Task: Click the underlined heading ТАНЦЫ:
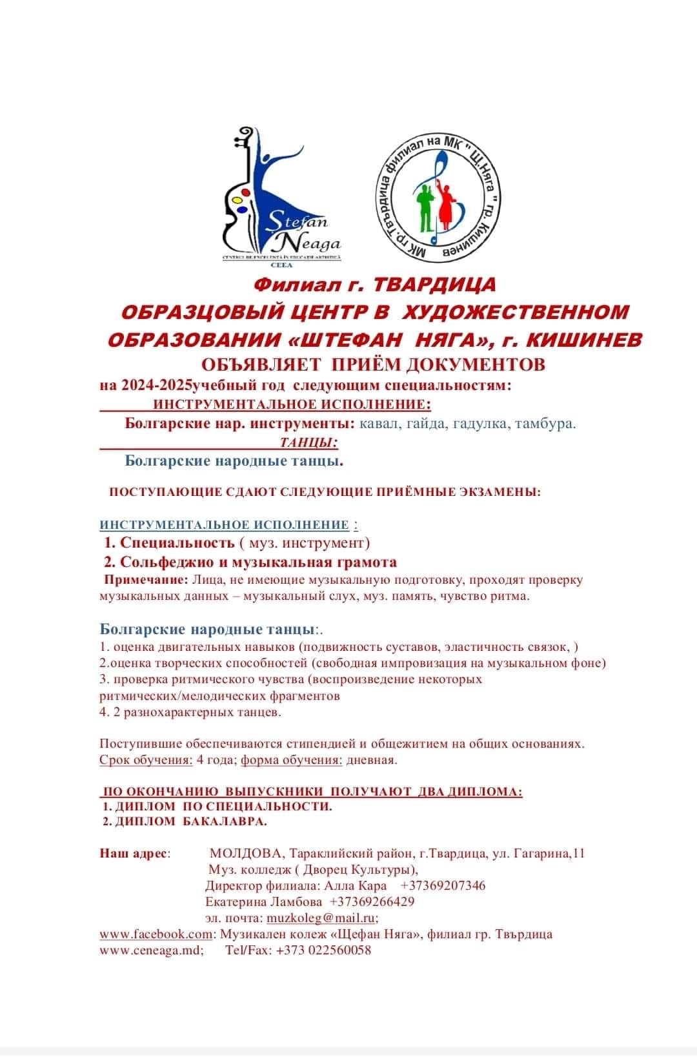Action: pos(309,442)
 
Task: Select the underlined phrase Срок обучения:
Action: pos(146,759)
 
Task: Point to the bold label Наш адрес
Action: pos(134,853)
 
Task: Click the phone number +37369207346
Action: pos(443,885)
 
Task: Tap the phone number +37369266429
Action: pos(372,901)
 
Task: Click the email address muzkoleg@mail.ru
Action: pos(321,918)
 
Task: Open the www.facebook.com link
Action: pos(156,934)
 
